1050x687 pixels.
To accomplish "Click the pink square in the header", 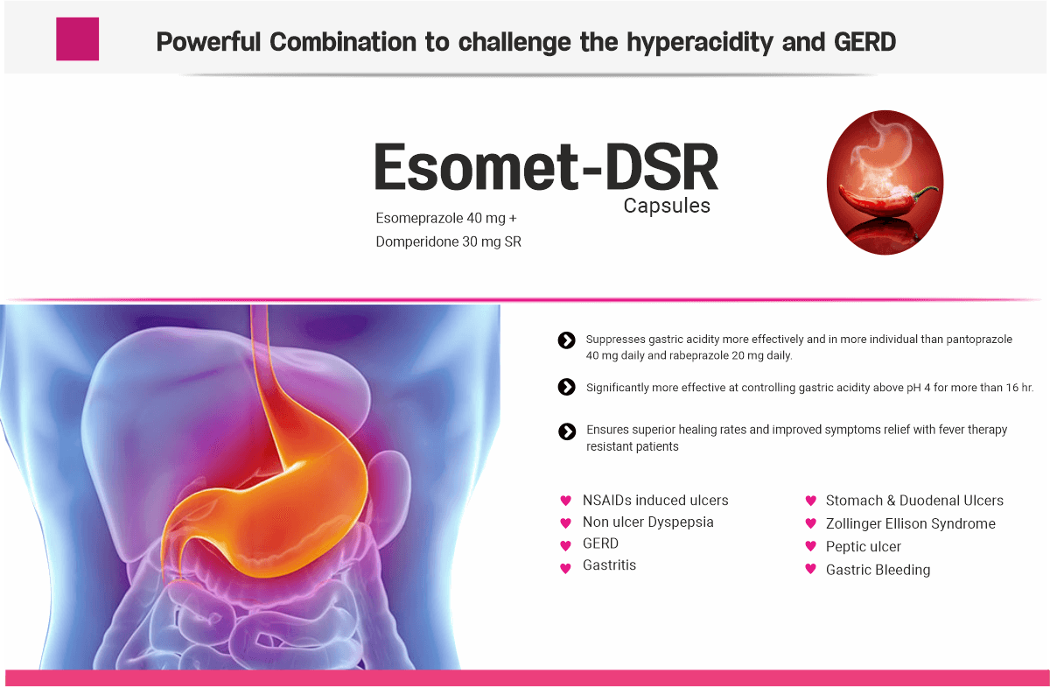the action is click(77, 39).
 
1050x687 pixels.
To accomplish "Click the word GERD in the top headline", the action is click(864, 42).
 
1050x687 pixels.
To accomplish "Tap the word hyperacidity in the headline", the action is click(700, 43).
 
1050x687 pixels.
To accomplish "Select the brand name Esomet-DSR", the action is click(546, 166).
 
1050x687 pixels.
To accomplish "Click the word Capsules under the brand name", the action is click(667, 206).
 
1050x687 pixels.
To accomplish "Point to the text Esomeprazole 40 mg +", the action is click(445, 218).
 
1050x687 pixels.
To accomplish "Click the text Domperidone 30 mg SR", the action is click(448, 242).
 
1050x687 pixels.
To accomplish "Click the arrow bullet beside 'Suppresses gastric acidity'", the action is click(566, 340).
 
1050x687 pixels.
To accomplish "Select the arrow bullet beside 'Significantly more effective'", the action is click(566, 387).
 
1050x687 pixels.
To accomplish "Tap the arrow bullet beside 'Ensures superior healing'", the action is click(567, 431).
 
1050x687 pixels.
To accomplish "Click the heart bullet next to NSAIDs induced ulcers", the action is click(566, 501).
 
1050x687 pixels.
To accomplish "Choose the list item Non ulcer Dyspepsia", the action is click(647, 522).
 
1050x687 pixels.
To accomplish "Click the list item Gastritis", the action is click(609, 565).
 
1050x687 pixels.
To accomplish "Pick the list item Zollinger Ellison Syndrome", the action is click(910, 524).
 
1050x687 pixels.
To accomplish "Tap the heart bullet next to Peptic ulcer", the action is click(810, 546).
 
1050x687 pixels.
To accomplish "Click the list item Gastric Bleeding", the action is click(878, 570).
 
